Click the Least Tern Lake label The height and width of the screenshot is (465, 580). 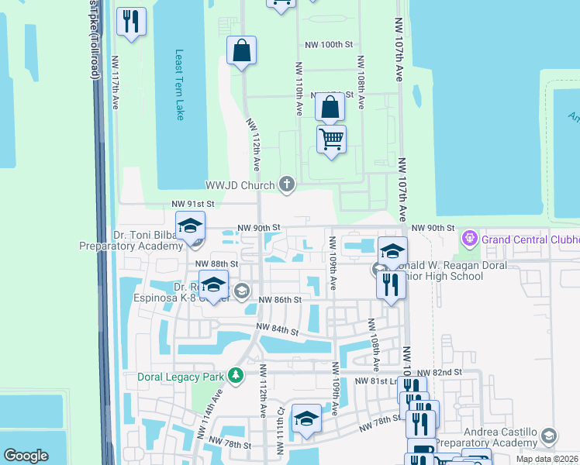coord(180,84)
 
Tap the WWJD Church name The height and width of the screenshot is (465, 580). coord(240,185)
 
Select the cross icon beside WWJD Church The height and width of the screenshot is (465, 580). coord(287,184)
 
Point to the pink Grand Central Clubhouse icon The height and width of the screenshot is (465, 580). coord(468,238)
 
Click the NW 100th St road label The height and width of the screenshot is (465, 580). coord(329,45)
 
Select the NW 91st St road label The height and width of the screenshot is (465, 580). coord(192,204)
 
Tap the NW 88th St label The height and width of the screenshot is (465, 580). coord(216,264)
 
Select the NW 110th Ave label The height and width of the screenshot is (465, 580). coord(298,89)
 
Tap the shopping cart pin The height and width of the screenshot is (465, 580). coord(331,139)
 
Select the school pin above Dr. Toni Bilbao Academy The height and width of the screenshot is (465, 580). coord(189,227)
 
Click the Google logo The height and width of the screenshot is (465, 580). coord(26,456)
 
